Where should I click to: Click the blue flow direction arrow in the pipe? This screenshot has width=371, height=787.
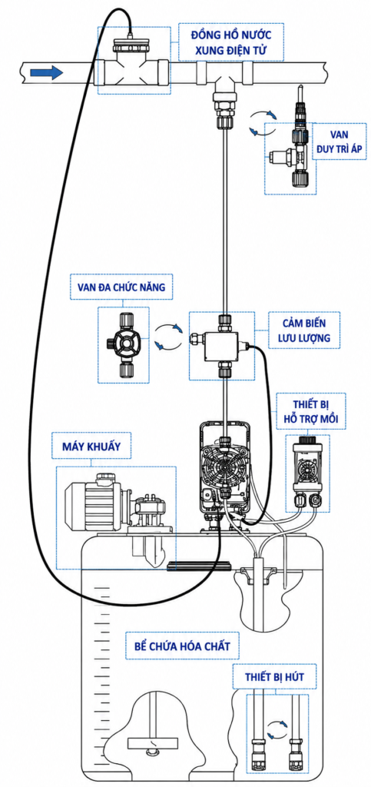click(x=46, y=73)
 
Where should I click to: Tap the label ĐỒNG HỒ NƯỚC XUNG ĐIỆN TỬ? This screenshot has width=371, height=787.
click(x=231, y=42)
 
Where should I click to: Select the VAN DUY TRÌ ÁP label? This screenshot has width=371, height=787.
click(x=340, y=142)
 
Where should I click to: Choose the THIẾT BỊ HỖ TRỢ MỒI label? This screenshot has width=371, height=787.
click(x=311, y=411)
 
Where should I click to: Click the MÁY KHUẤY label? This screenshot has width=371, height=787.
click(x=91, y=446)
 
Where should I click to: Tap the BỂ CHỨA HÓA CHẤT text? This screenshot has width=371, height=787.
click(x=183, y=646)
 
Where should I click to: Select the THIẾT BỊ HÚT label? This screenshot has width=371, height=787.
click(x=274, y=677)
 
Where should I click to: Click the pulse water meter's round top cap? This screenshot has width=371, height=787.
click(x=129, y=47)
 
